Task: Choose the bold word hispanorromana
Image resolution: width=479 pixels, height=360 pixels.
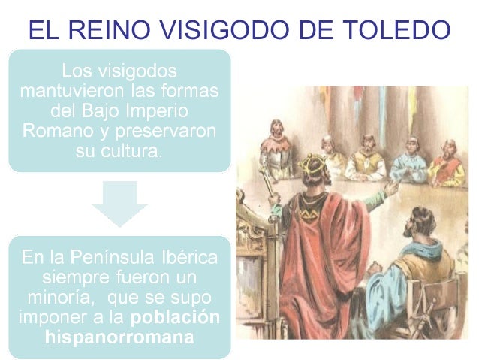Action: (x=119, y=337)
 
